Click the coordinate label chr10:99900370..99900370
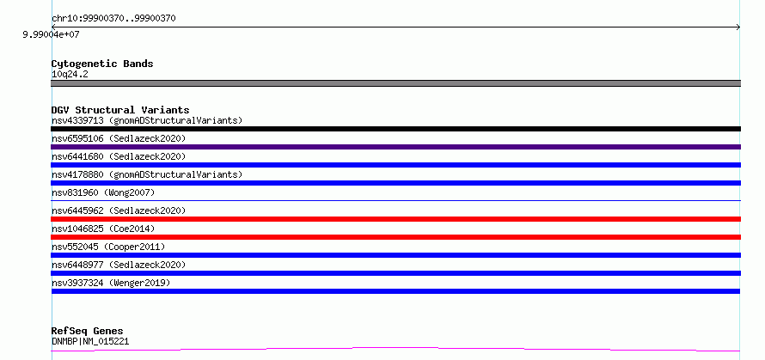click(x=113, y=19)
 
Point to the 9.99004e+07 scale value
click(x=51, y=34)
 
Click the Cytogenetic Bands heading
click(x=102, y=64)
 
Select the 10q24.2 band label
click(x=70, y=74)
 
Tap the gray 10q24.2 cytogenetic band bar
click(x=395, y=83)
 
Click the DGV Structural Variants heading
click(x=120, y=110)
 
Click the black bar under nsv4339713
click(x=395, y=129)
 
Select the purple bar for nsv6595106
click(x=395, y=147)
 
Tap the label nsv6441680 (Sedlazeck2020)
click(x=119, y=156)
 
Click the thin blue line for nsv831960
click(x=395, y=200)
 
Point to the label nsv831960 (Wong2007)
click(x=103, y=192)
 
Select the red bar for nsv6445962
click(x=395, y=219)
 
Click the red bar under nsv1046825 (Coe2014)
click(x=395, y=237)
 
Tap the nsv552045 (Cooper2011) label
click(x=108, y=247)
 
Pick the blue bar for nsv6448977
click(x=395, y=273)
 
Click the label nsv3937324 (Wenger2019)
click(x=111, y=283)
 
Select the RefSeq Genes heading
click(x=87, y=332)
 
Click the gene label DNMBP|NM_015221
click(x=90, y=341)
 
